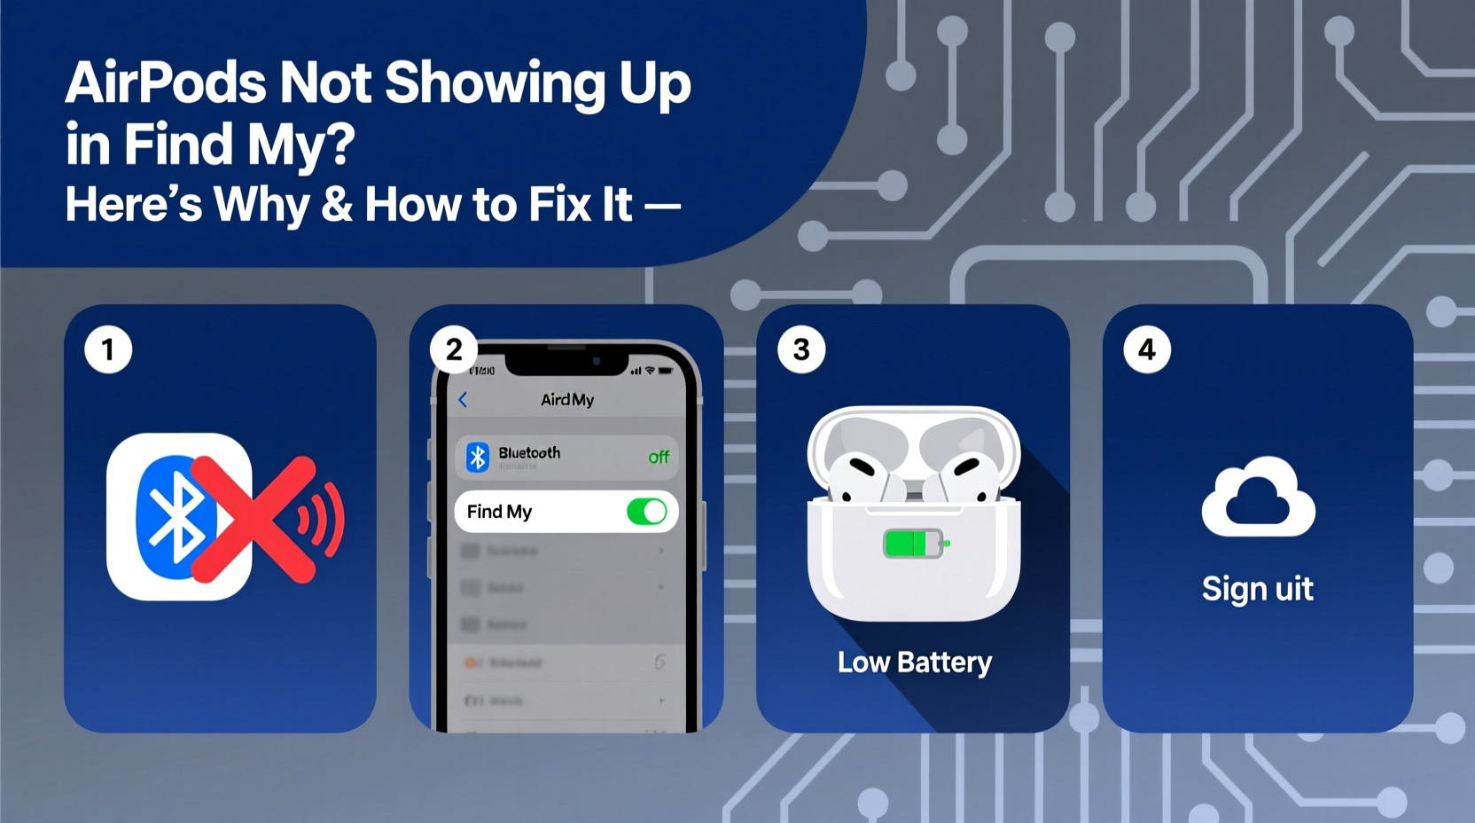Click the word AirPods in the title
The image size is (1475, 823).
tap(166, 83)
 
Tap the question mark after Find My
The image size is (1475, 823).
tap(338, 144)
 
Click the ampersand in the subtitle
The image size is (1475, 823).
tap(337, 205)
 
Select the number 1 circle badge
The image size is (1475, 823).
tap(108, 349)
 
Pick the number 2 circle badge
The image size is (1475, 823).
tap(454, 349)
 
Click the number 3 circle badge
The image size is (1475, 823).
tap(801, 349)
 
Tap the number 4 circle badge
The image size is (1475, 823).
tap(1147, 349)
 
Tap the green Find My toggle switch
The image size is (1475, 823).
tap(647, 512)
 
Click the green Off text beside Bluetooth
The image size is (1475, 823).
tap(659, 458)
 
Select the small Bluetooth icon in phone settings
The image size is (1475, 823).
tap(478, 457)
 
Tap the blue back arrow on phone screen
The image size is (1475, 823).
tap(463, 400)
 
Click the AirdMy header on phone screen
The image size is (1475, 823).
tap(567, 400)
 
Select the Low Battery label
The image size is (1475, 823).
tap(915, 662)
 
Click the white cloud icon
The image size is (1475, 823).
tap(1258, 498)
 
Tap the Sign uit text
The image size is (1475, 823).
tap(1257, 589)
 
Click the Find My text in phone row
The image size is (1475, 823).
tap(499, 512)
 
